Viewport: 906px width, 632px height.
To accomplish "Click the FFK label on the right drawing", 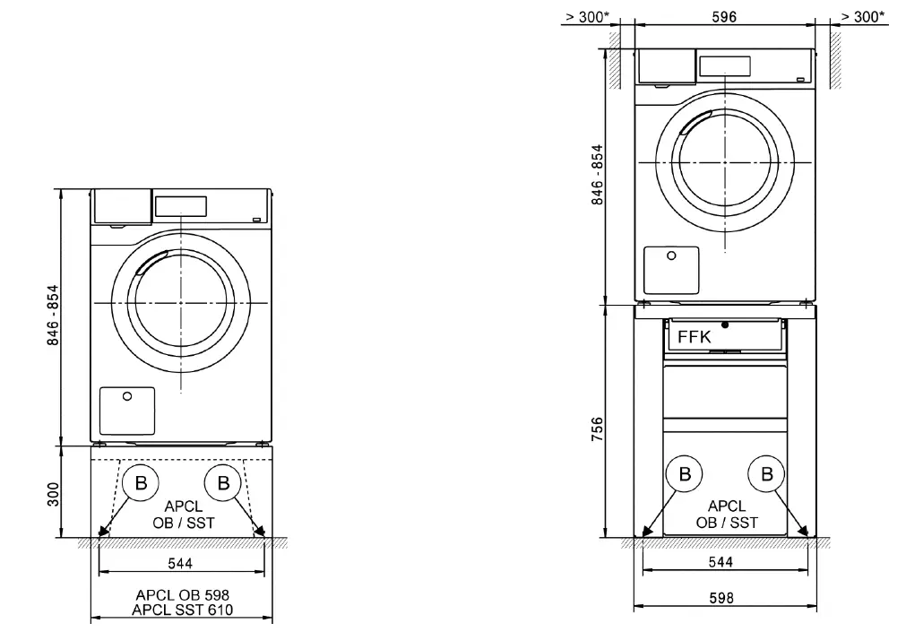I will pos(695,338).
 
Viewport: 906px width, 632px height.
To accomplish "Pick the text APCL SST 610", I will pos(182,610).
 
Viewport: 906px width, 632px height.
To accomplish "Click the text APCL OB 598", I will pos(182,594).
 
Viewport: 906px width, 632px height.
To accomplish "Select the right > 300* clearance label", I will pos(863,17).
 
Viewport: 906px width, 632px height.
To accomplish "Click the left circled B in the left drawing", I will pos(141,482).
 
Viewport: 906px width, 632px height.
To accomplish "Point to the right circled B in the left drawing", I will pos(221,482).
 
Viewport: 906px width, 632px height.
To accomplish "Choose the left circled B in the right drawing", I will pos(685,474).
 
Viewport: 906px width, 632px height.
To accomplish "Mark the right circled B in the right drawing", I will pos(766,474).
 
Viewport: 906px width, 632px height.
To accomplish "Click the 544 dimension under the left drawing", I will pos(181,563).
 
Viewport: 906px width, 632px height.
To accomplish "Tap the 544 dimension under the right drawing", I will pos(720,562).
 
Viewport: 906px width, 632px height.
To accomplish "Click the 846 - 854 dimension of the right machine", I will pos(598,174).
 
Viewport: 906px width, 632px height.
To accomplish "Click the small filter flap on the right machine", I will pos(671,268).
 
